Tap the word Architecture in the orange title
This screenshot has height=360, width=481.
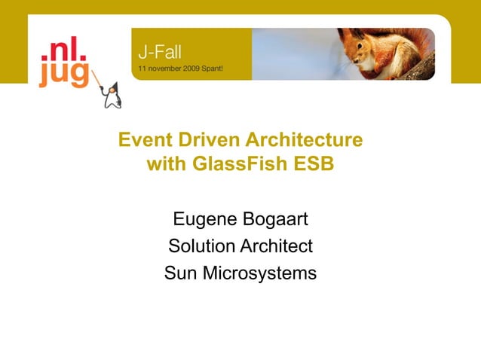point(305,141)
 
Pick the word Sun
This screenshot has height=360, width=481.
point(181,273)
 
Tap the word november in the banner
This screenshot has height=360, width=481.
point(163,68)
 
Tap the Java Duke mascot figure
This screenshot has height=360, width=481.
point(112,95)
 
